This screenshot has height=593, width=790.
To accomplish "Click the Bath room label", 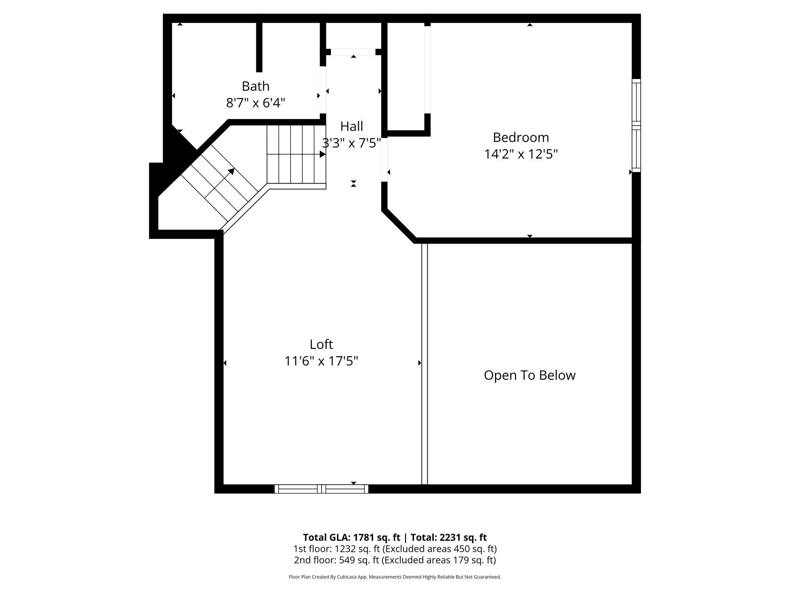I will click(x=256, y=86).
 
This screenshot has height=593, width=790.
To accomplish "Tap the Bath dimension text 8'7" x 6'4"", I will click(x=256, y=103).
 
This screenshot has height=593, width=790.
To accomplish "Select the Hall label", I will click(x=351, y=126).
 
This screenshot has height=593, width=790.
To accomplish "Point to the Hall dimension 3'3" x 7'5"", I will click(x=351, y=143).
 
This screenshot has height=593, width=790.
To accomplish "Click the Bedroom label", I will click(x=521, y=137).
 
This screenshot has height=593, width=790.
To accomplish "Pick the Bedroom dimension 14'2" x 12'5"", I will click(x=521, y=154).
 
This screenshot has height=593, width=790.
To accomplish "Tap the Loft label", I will click(x=321, y=344).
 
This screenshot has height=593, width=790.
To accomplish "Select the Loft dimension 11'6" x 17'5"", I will click(x=321, y=361).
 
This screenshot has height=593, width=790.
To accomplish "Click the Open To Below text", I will click(x=529, y=376).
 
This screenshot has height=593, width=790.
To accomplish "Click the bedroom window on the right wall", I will click(x=636, y=125).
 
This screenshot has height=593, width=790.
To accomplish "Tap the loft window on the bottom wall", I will click(x=321, y=489).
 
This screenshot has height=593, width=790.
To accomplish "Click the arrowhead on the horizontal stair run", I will click(x=322, y=154).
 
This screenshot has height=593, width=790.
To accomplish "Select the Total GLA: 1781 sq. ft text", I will click(x=351, y=538).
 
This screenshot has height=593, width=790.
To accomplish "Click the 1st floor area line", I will click(x=395, y=549).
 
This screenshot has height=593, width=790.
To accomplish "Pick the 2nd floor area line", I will click(x=395, y=560).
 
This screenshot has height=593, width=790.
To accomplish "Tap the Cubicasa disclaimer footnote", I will click(x=395, y=577).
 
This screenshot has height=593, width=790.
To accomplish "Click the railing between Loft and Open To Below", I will click(x=425, y=363).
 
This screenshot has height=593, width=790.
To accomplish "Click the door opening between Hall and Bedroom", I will click(x=384, y=160).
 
